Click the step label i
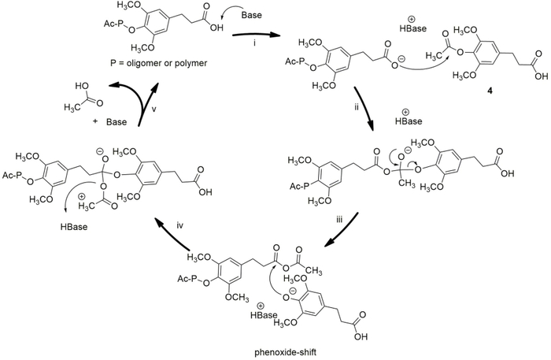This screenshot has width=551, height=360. point(254,45)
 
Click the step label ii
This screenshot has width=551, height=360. point(357,107)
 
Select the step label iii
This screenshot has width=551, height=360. point(339,220)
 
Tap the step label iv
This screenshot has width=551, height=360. point(179,225)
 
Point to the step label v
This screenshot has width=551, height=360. point(154,109)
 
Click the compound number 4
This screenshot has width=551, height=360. point(489,91)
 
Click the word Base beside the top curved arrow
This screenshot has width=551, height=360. point(252,15)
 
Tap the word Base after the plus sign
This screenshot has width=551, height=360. point(116,122)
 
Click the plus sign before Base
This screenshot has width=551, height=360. point(95,122)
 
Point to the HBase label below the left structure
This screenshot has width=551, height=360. point(74,226)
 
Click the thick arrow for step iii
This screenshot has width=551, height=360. point(341,230)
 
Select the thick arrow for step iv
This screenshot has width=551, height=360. point(172,233)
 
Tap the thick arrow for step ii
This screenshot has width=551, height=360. point(364,109)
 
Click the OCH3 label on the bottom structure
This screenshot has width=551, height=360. point(237,298)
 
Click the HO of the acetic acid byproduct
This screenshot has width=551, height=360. point(81,87)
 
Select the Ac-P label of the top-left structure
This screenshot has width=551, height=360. point(114,24)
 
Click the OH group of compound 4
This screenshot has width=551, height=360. point(542,76)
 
